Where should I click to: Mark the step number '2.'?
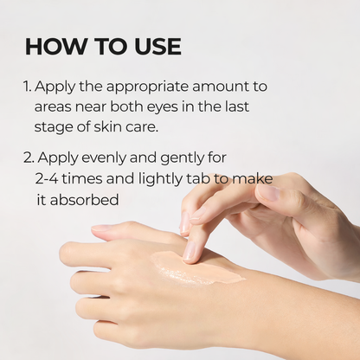[30, 159]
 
